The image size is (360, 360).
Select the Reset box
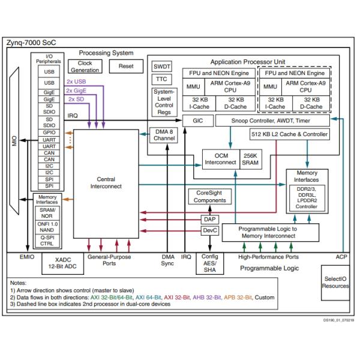[126, 66]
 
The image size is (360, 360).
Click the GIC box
[198, 121]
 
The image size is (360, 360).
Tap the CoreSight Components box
[209, 197]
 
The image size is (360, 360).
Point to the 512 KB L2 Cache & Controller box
[290, 136]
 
